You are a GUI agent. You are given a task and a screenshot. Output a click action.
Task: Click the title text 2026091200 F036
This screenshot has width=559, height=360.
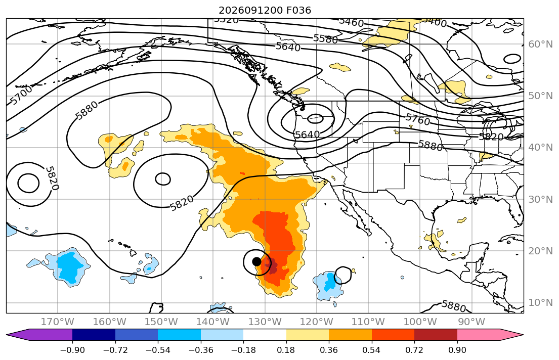pyautogui.click(x=265, y=10)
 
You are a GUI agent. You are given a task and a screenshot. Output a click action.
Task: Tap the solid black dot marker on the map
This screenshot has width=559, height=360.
pyautogui.click(x=256, y=261)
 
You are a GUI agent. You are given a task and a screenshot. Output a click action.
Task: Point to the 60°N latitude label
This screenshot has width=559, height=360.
pyautogui.click(x=540, y=44)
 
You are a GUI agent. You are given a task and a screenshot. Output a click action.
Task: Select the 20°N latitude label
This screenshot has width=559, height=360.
pyautogui.click(x=540, y=251)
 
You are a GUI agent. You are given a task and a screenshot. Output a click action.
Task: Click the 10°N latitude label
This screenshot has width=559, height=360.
pyautogui.click(x=540, y=303)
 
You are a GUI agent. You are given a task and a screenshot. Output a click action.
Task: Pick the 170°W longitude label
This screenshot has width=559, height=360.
pyautogui.click(x=58, y=322)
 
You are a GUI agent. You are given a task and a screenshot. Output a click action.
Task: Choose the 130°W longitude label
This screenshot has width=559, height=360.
pyautogui.click(x=265, y=322)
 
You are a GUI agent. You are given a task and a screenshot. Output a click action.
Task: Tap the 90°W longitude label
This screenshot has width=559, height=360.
pyautogui.click(x=471, y=322)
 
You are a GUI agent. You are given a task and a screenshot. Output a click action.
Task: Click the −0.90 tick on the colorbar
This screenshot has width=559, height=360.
pyautogui.click(x=72, y=350)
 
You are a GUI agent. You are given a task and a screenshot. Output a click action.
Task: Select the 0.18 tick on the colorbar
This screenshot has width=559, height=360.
pyautogui.click(x=286, y=350)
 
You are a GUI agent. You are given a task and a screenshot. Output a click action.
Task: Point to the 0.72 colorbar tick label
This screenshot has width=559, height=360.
pyautogui.click(x=414, y=350)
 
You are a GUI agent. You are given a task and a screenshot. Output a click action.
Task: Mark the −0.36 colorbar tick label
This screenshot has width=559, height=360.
pyautogui.click(x=201, y=350)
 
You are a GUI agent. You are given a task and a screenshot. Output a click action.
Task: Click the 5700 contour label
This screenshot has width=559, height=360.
pyautogui.click(x=21, y=95)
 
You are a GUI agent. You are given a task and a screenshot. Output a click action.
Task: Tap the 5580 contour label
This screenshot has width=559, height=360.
pyautogui.click(x=325, y=38)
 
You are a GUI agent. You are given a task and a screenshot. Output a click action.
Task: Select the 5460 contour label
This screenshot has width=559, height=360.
pyautogui.click(x=351, y=22)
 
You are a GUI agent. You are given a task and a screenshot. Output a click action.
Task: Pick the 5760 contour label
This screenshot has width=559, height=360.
pyautogui.click(x=418, y=119)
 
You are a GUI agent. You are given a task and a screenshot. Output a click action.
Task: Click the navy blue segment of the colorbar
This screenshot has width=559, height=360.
pyautogui.click(x=94, y=335)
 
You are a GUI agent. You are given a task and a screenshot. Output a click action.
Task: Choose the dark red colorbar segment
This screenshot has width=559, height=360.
pyautogui.click(x=436, y=335)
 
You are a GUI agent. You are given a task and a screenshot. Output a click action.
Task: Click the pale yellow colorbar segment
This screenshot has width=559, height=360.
pyautogui.click(x=307, y=335)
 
